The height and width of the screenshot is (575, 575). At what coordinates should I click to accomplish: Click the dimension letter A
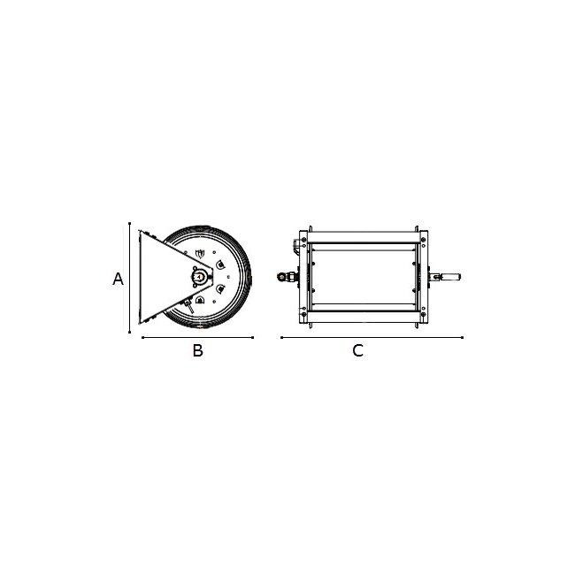click(118, 279)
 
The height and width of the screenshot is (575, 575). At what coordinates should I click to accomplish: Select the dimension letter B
click(197, 350)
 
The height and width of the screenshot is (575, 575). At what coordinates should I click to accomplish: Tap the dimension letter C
click(357, 350)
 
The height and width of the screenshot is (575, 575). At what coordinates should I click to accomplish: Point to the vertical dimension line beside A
click(129, 278)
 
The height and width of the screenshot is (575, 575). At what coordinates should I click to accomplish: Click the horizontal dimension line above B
click(197, 337)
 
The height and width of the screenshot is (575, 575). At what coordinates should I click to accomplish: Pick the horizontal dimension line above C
click(372, 337)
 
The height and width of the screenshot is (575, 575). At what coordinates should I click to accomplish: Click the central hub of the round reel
click(199, 277)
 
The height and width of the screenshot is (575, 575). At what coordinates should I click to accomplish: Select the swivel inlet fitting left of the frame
click(287, 277)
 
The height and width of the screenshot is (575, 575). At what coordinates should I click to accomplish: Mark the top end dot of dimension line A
click(129, 223)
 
